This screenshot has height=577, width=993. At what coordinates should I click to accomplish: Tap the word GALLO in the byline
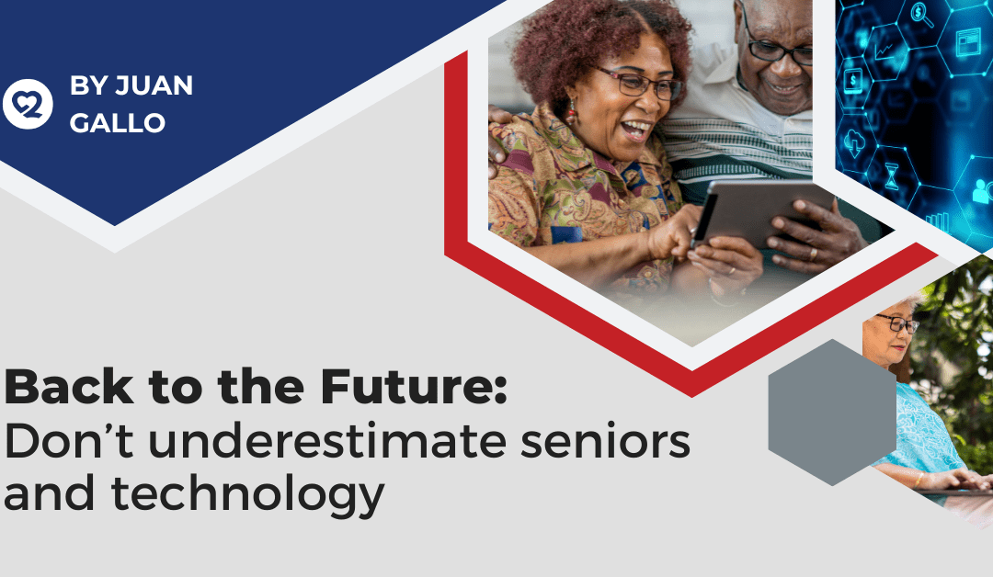[117, 122]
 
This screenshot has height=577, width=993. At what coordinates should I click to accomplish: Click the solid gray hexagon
[832, 412]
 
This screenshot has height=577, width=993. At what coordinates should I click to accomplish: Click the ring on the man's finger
[812, 254]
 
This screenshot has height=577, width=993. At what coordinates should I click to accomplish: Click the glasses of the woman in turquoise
[896, 323]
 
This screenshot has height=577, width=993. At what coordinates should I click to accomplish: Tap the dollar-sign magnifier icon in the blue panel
[919, 13]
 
